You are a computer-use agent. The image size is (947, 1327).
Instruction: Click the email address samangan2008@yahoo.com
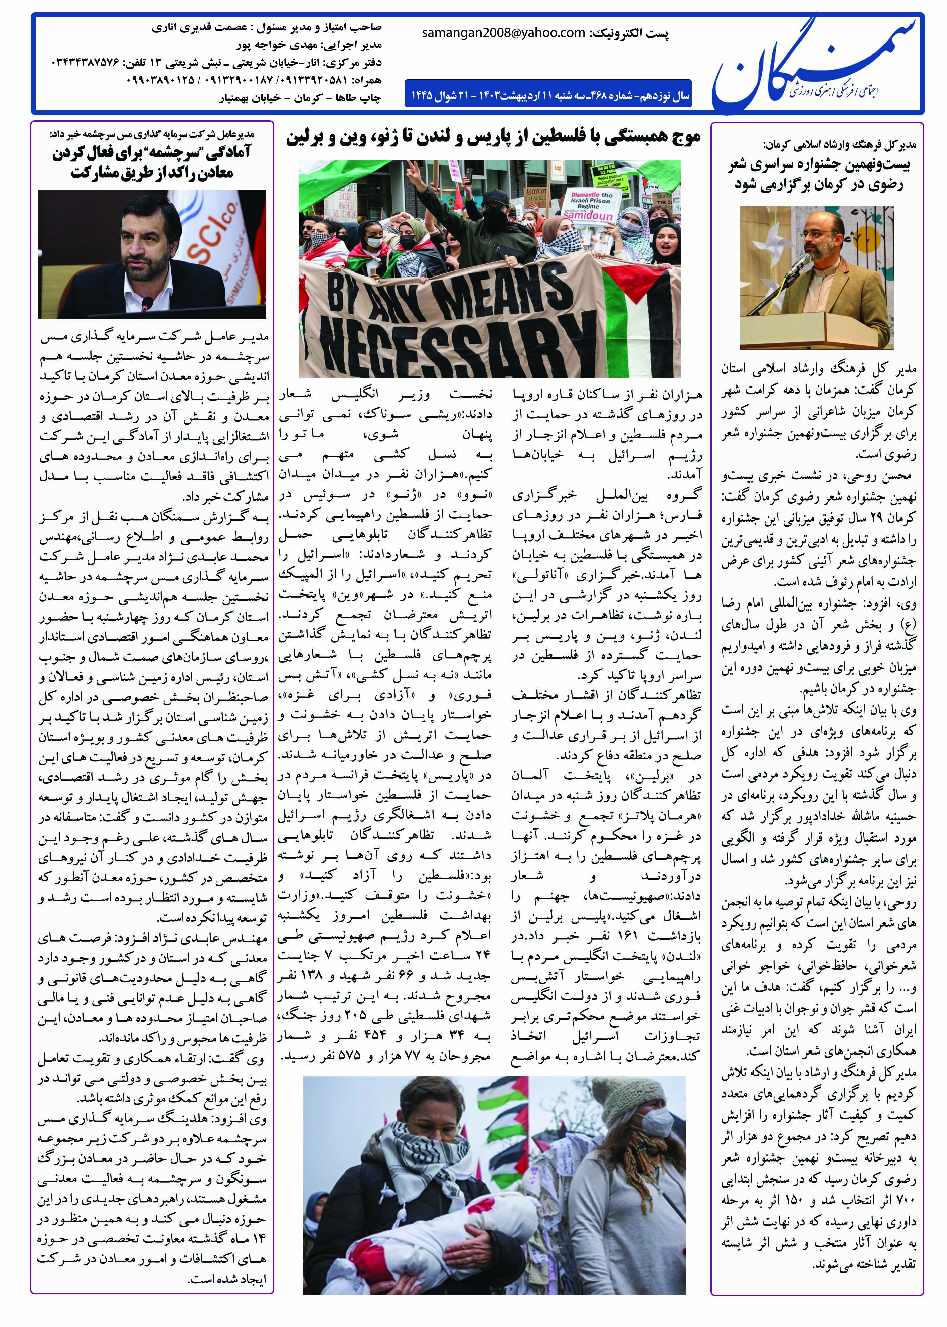pyautogui.click(x=503, y=33)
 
